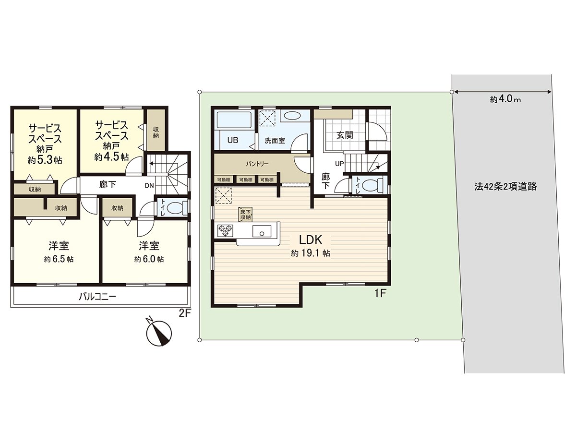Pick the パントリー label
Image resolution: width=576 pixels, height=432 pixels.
[257, 164]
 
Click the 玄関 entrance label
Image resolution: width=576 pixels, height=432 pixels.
[344, 135]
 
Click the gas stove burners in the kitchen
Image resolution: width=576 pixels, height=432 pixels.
[225, 231]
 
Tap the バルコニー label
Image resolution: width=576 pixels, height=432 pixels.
[97, 297]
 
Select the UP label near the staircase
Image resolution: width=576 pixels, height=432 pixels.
[339, 164]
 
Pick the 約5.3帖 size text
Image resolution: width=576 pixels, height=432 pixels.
[45, 160]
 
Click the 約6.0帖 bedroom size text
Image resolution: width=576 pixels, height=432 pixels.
[149, 259]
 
